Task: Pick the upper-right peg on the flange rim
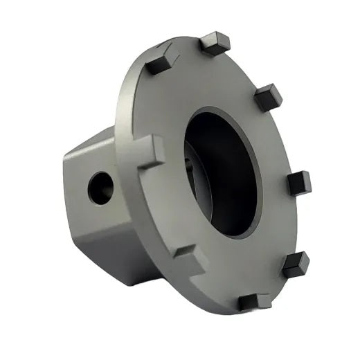[x=267, y=97]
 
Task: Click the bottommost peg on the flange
[x=253, y=301]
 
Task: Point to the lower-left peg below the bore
[x=188, y=262]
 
